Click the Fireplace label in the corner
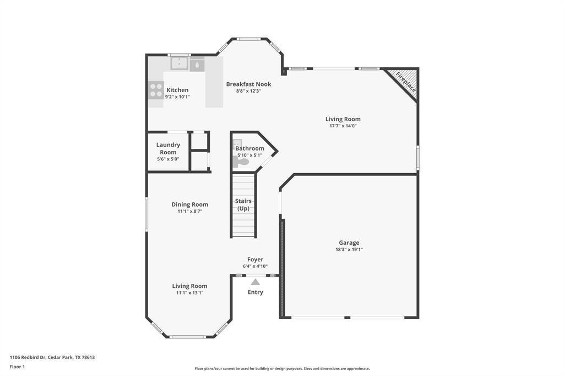coord(406,82)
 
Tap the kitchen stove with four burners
coord(156,90)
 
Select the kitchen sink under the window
coord(179,65)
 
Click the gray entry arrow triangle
coord(255,282)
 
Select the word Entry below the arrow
coord(255,292)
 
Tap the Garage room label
coord(349,243)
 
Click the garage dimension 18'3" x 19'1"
coord(349,250)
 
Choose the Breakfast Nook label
coord(248,84)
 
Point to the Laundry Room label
coord(168,148)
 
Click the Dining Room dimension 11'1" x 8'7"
coord(189,211)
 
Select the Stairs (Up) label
coord(243,205)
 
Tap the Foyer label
coord(255,259)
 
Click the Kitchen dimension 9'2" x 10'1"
coord(177,97)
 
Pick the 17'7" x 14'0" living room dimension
coord(343,126)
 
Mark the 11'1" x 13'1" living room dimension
coord(189,293)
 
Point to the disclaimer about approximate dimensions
coord(282,369)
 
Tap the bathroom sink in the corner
coord(237,143)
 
